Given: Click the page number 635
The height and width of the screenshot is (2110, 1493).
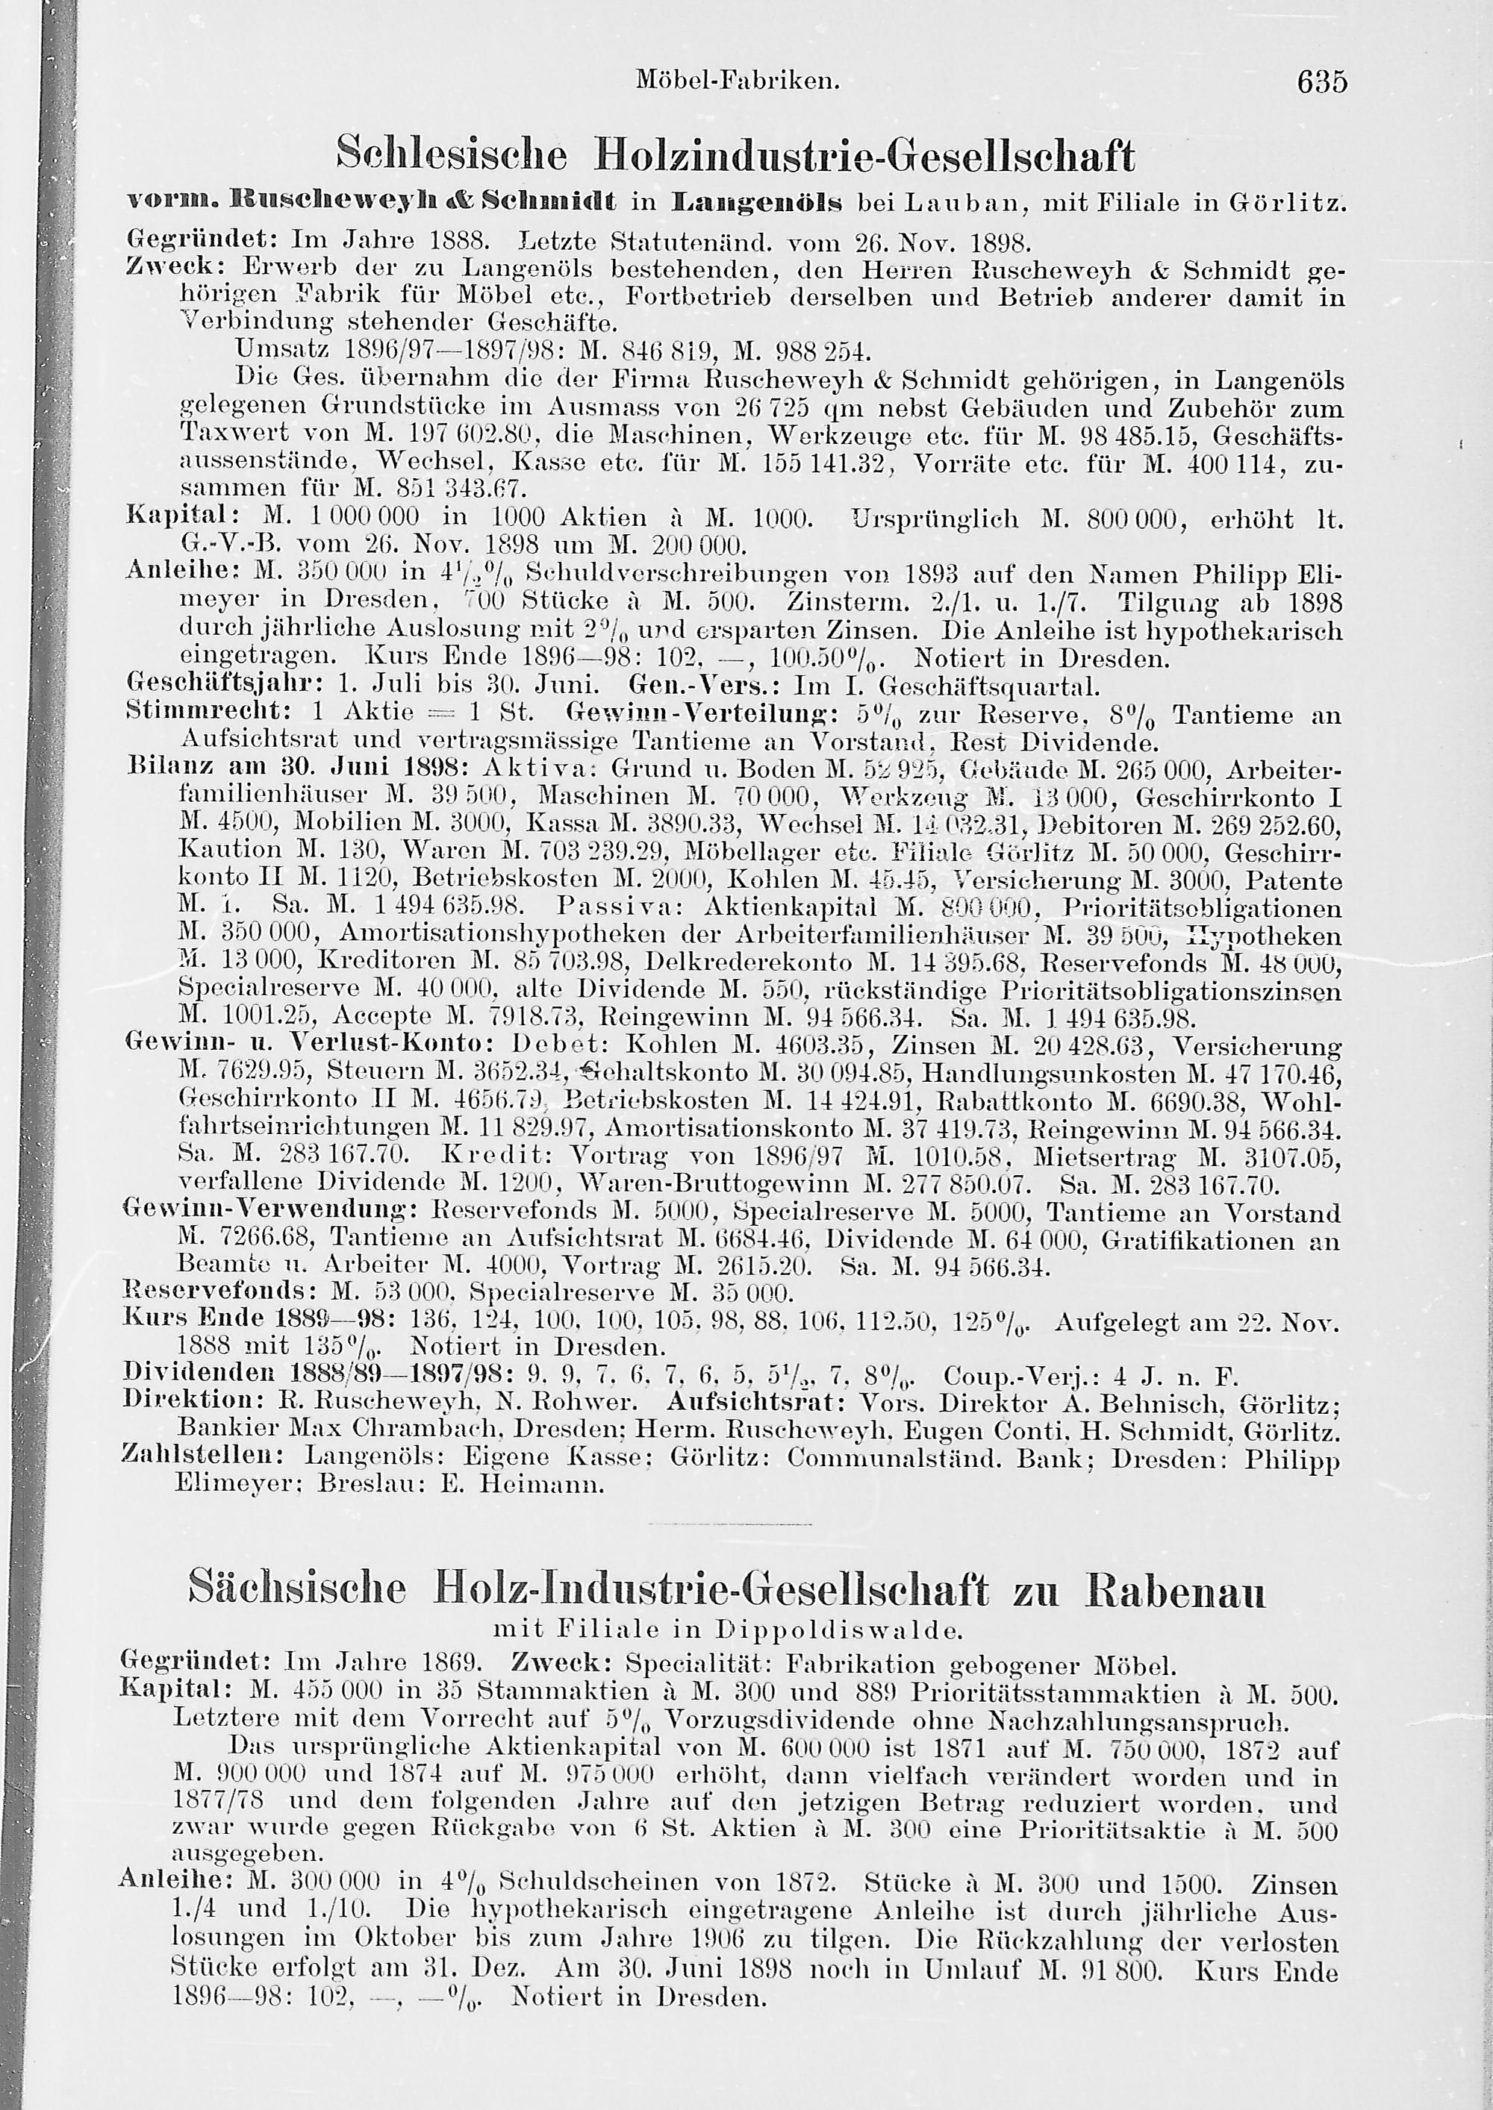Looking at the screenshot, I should pos(1321,82).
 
